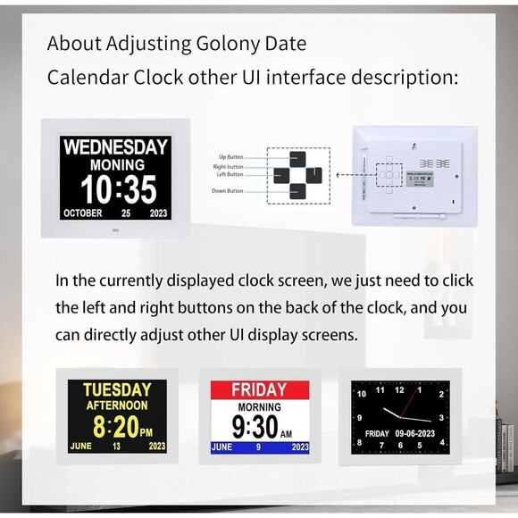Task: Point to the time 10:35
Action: point(118,189)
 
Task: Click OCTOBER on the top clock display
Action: point(83,214)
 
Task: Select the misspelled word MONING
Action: point(117,166)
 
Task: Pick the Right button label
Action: point(228,166)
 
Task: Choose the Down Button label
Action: point(228,191)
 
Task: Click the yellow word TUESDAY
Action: point(117,390)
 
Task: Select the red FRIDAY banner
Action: point(259,390)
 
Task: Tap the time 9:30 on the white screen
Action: point(256,425)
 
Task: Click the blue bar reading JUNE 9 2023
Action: point(260,447)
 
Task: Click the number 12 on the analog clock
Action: point(399,390)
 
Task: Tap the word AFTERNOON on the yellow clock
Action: point(117,405)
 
